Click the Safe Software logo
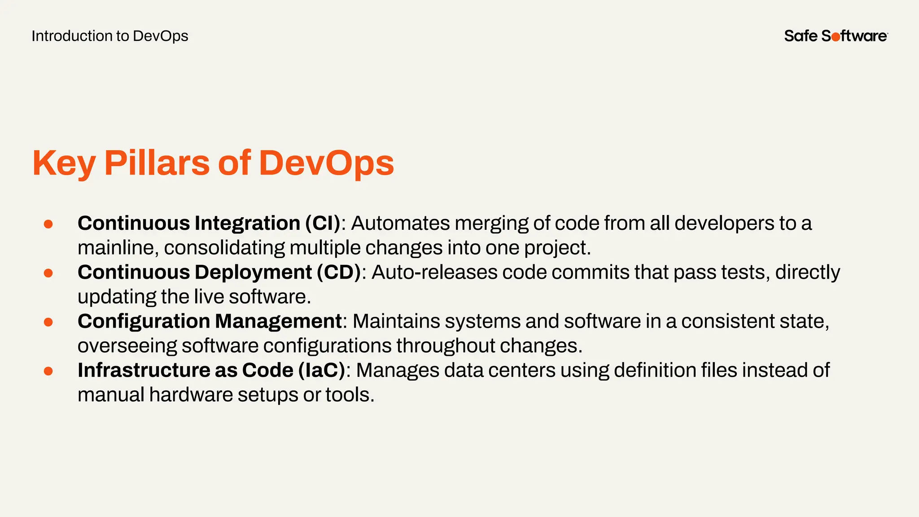tap(836, 36)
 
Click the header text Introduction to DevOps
tap(110, 36)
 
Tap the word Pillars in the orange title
tap(157, 162)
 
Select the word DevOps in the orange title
tap(326, 162)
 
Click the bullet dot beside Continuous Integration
tap(48, 224)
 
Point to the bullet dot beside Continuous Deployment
tap(48, 273)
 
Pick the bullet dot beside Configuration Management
tap(48, 322)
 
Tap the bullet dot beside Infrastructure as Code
tap(48, 371)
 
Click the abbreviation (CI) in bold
tap(323, 223)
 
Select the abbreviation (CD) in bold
tap(339, 272)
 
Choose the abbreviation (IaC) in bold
tap(322, 370)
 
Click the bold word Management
tap(278, 321)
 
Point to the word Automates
tap(400, 223)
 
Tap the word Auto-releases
tap(434, 272)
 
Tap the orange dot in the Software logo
tap(836, 37)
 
